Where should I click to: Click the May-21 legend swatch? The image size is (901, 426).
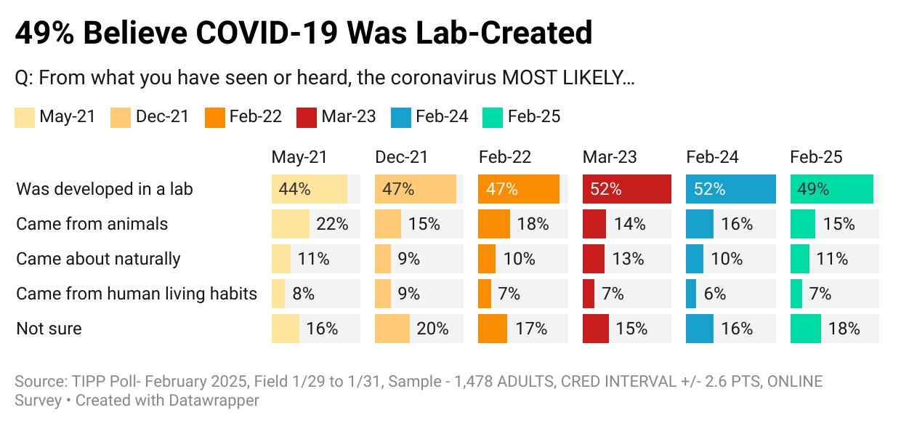click(24, 117)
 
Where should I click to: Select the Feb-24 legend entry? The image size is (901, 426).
click(429, 116)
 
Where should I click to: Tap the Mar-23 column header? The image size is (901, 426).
click(610, 157)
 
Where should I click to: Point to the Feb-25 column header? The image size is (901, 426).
click(817, 157)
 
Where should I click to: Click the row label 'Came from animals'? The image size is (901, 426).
click(92, 224)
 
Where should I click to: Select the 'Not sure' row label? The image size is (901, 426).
click(49, 329)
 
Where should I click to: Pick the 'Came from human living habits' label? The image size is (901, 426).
click(137, 294)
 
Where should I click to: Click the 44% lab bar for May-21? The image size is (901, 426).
click(309, 189)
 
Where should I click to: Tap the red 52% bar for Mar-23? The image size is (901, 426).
click(626, 189)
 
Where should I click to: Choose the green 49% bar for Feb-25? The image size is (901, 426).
click(831, 189)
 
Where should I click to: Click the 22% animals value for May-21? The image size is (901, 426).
click(332, 224)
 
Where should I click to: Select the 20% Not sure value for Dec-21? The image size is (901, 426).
click(432, 329)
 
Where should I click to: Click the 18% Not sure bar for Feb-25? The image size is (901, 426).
click(806, 329)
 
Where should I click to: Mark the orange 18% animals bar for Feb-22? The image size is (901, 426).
click(494, 224)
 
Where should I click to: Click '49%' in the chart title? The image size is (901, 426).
click(46, 33)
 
